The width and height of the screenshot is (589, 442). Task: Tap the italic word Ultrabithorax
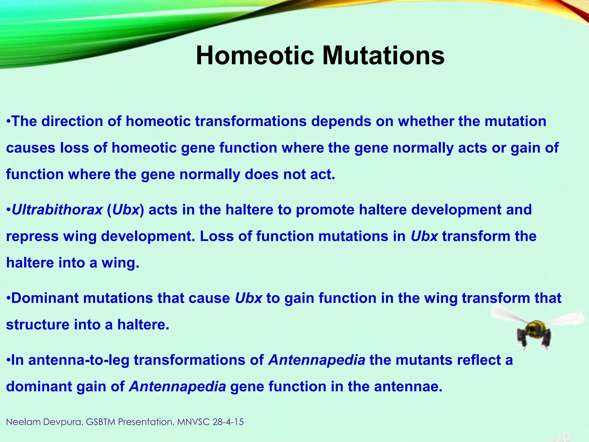click(x=57, y=209)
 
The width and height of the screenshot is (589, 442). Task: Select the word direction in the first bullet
click(x=72, y=121)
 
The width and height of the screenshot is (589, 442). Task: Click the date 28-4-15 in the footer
click(x=228, y=422)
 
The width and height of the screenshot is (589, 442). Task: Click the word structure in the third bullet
click(x=38, y=325)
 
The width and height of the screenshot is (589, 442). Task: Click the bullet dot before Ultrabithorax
click(x=8, y=209)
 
